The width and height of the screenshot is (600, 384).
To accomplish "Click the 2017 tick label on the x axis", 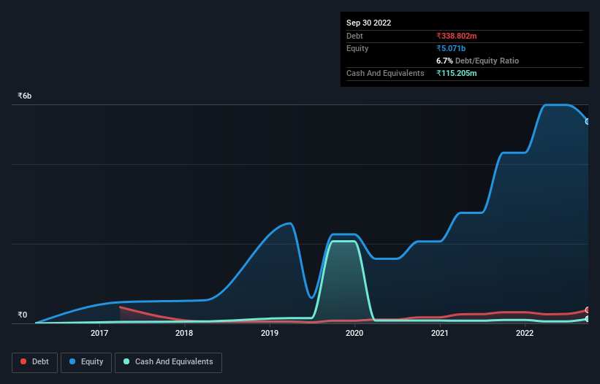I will click(x=99, y=334).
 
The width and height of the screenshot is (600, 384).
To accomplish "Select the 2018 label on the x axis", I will click(x=184, y=334).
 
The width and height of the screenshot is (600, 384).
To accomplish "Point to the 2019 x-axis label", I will click(x=270, y=334).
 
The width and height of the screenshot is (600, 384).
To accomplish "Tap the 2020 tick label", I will click(x=354, y=334).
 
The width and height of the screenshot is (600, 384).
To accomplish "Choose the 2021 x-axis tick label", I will click(x=439, y=334).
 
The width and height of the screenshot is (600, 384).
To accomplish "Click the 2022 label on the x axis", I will click(x=524, y=334).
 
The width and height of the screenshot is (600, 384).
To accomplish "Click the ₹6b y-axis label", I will click(x=25, y=96).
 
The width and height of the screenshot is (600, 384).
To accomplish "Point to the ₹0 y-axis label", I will click(x=22, y=315).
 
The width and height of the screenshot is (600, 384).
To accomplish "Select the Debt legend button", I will click(x=35, y=361).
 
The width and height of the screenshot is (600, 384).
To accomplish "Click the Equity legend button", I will click(x=86, y=361).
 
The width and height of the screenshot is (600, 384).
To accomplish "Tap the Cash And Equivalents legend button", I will click(x=168, y=361).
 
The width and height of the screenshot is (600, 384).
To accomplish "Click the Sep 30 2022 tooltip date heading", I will click(x=369, y=23).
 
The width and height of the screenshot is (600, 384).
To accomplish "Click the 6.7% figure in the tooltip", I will click(x=444, y=61).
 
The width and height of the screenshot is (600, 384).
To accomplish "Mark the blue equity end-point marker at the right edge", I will click(x=588, y=121).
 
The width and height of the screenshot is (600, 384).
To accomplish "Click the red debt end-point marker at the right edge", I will click(x=588, y=310).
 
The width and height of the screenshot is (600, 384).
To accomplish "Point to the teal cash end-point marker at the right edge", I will click(x=588, y=319).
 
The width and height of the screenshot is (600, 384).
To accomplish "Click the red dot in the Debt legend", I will click(x=24, y=362).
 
